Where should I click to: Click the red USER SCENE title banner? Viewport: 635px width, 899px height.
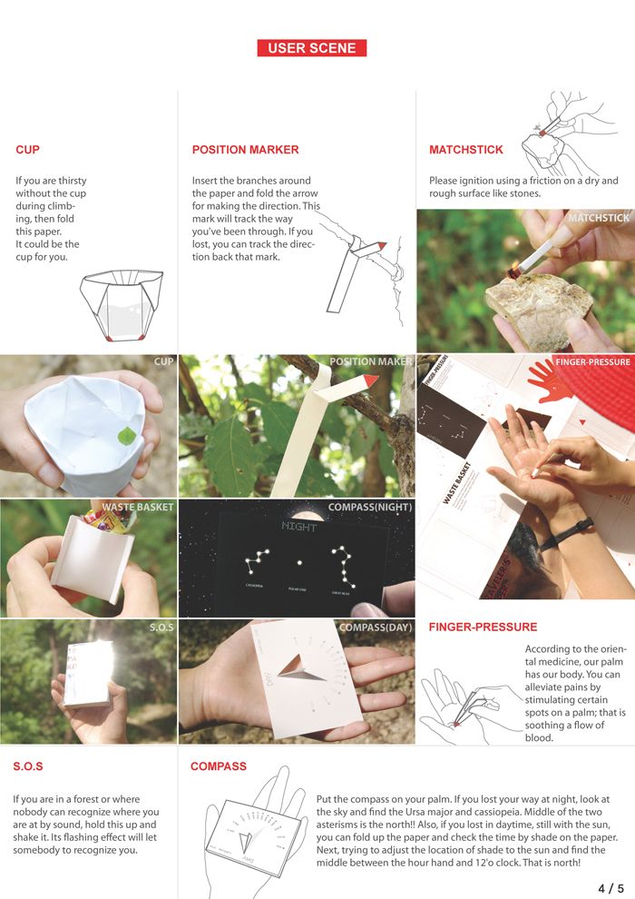click(311, 48)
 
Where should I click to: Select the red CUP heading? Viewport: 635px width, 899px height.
click(27, 150)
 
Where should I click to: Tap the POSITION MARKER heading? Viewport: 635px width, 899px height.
click(245, 150)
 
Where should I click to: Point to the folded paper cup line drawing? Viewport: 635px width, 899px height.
click(121, 304)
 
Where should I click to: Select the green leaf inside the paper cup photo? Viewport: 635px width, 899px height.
click(124, 435)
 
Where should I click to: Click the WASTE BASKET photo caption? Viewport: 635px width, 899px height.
click(137, 507)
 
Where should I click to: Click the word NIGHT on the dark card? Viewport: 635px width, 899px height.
click(299, 527)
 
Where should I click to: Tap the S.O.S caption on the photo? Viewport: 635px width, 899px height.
click(161, 627)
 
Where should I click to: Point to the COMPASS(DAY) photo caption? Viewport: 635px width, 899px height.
click(375, 627)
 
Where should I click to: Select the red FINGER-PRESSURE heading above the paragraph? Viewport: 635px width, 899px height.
click(483, 627)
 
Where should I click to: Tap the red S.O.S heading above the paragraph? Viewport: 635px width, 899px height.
click(28, 766)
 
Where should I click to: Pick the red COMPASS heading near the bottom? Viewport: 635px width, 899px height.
click(218, 766)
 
